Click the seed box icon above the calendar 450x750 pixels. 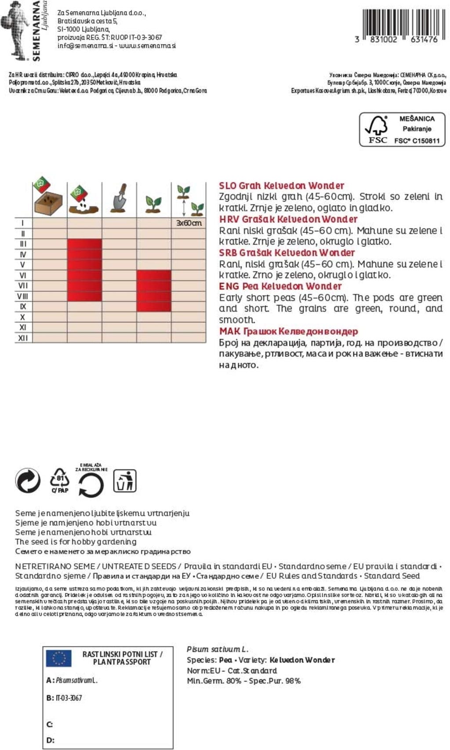pos(48,198)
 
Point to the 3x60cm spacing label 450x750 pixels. pos(189,223)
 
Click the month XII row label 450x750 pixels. pos(23,338)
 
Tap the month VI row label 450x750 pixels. pos(23,275)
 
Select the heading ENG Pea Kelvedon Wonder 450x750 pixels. pos(280,286)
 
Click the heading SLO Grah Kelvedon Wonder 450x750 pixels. pos(281,185)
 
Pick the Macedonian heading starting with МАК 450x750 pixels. pos(288,331)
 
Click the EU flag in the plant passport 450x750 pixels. pos(59,658)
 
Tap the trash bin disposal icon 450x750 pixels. pos(125,481)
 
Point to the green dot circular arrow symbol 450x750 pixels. pos(28,480)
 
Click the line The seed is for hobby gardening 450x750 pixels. pos(76,541)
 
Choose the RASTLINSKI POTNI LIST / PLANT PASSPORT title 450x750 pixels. pos(122,658)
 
